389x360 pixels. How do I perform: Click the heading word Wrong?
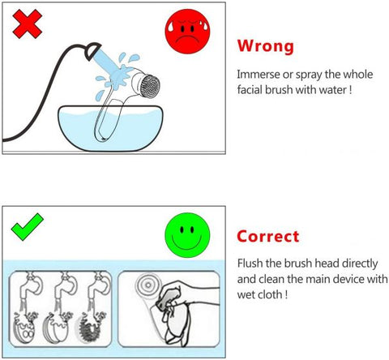(265, 45)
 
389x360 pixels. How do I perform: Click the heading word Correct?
(268, 237)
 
